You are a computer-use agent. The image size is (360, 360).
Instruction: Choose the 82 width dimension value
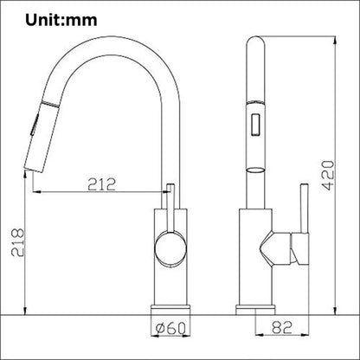click(278, 329)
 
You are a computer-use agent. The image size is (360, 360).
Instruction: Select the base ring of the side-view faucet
click(264, 308)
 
